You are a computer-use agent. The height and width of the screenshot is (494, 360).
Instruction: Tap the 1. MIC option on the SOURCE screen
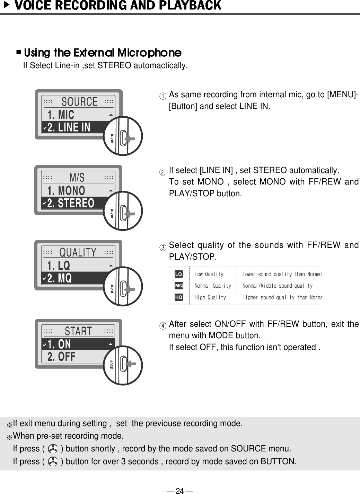(61, 115)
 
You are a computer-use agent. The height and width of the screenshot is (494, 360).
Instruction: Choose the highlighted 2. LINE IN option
(69, 127)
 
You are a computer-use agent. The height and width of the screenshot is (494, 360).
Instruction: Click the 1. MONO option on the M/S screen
(66, 190)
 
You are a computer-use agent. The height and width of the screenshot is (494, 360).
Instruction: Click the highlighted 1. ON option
(59, 344)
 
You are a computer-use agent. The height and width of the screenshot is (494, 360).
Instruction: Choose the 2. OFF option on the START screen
(61, 357)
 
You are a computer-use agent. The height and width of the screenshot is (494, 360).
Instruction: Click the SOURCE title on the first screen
(79, 102)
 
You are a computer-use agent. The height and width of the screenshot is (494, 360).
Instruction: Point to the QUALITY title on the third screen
(78, 252)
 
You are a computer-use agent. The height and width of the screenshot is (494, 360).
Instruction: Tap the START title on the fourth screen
(78, 331)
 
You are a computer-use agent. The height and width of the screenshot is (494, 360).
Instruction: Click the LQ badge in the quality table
(178, 274)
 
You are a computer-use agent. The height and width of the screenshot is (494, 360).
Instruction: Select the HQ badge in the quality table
(178, 297)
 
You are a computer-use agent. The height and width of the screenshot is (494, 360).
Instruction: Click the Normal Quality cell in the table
(212, 286)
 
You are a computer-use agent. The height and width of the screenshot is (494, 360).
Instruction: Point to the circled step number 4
(163, 326)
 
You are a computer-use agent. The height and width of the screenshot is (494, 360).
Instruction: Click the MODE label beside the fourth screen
(111, 364)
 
